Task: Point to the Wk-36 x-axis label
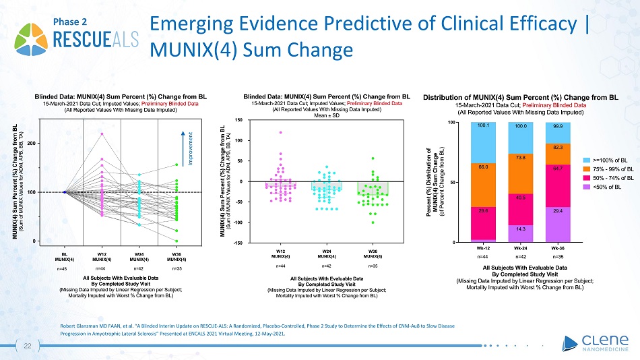click(x=557, y=247)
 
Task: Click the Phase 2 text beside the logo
click(x=69, y=22)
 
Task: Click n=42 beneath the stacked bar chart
click(x=519, y=256)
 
